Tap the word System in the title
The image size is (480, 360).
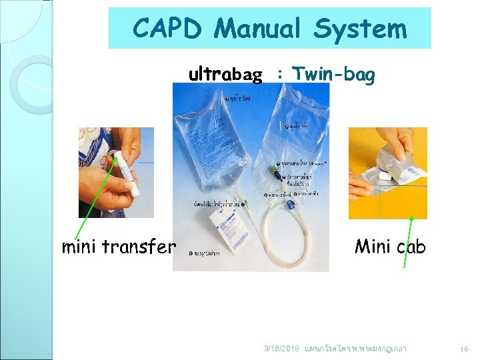pos(360,29)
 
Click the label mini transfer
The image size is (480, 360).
pos(119,247)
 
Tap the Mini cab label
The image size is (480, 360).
pos(390,247)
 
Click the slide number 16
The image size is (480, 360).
pos(465,348)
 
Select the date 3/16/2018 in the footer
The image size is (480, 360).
pos(281,348)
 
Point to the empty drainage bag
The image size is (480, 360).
pos(293,127)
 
